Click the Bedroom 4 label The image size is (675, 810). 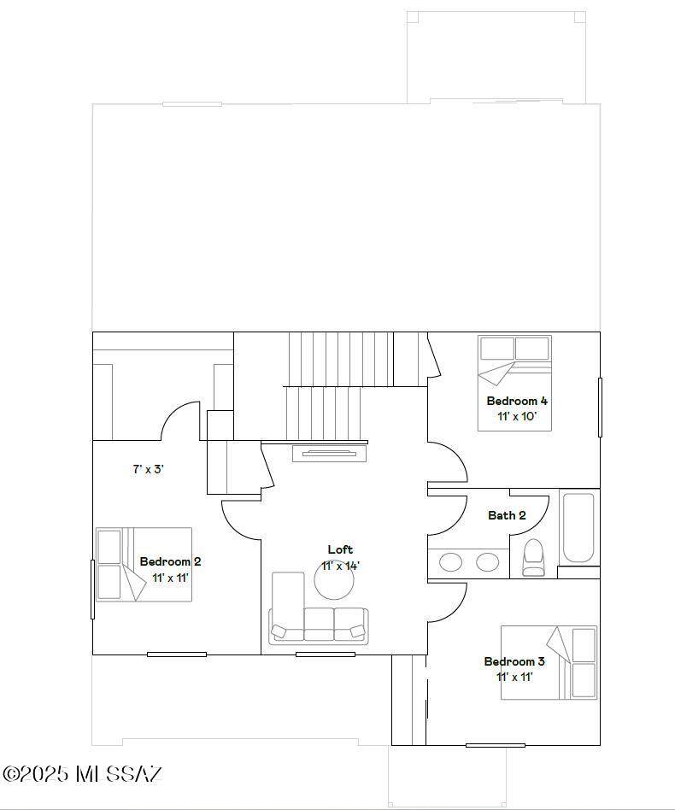tap(517, 401)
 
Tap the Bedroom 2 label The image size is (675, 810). tap(170, 561)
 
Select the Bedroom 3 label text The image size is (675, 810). tap(514, 661)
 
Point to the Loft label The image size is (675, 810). tap(340, 549)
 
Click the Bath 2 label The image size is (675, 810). tap(508, 515)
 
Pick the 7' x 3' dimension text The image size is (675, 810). tap(148, 470)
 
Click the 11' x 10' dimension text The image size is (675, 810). tap(517, 416)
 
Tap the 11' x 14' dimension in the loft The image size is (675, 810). tap(340, 566)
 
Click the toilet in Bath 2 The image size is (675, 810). tap(532, 557)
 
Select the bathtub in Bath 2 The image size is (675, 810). tap(578, 528)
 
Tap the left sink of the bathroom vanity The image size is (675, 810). tap(451, 562)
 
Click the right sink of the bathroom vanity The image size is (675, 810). tap(487, 562)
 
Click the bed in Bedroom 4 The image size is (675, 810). tap(514, 383)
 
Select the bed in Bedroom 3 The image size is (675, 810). tap(549, 663)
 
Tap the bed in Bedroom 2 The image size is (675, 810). tap(144, 565)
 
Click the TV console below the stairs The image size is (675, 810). tap(330, 453)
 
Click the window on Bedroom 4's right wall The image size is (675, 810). tap(600, 408)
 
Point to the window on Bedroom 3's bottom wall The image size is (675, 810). tap(496, 745)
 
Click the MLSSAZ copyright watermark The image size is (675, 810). tap(83, 774)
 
